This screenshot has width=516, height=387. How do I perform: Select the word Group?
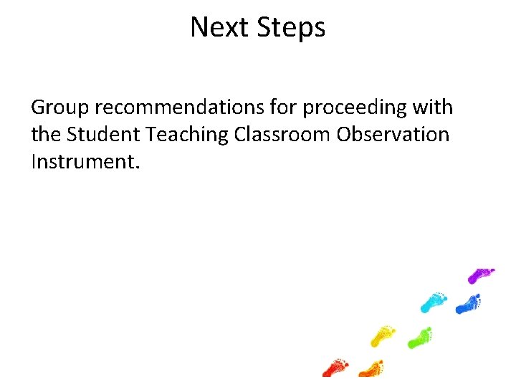(x=60, y=108)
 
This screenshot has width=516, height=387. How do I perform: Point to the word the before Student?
(x=47, y=134)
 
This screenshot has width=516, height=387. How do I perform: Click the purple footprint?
(x=481, y=274)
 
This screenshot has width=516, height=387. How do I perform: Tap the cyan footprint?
(x=434, y=301)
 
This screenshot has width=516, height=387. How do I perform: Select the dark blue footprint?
(x=468, y=304)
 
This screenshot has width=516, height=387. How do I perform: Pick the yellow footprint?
(x=383, y=333)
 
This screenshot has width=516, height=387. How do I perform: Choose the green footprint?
(x=420, y=337)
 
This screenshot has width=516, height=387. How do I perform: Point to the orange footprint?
(x=371, y=368)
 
